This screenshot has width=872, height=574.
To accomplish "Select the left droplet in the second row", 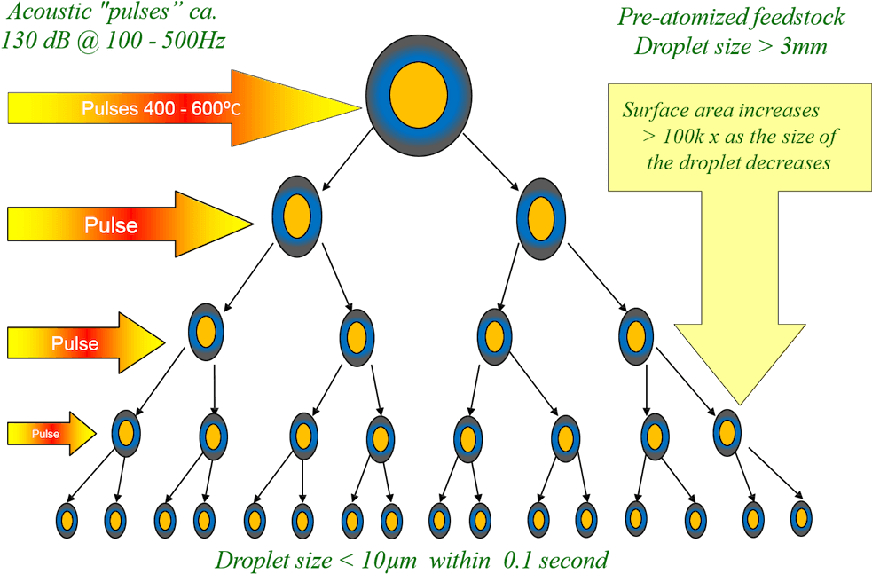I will point(296,216).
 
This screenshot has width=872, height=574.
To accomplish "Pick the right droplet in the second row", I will point(541,216).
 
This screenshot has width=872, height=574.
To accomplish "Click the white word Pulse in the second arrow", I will point(111,225).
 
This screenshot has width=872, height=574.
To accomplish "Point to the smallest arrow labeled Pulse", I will point(50,434).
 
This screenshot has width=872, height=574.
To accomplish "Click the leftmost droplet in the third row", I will point(206,332).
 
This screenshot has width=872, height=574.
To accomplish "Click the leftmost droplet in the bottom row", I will point(67,519).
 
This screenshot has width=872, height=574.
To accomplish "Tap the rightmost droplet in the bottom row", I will point(801,516).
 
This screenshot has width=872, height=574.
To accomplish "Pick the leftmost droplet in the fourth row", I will point(126,433).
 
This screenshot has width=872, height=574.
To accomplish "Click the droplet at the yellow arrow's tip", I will point(727,432).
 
